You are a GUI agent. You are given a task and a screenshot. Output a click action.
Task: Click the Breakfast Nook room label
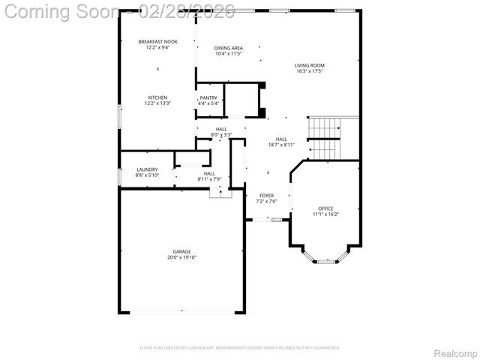point(157,41)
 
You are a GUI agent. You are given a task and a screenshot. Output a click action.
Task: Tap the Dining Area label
point(229,48)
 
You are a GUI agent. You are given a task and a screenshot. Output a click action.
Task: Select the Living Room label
point(309,66)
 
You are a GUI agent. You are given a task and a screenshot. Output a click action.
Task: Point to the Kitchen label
point(157,97)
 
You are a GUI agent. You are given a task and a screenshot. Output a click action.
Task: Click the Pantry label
point(208,98)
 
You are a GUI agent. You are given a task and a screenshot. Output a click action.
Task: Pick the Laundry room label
point(147,169)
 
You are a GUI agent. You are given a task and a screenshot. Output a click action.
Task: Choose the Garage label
point(181,251)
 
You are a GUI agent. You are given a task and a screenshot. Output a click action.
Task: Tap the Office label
point(325,208)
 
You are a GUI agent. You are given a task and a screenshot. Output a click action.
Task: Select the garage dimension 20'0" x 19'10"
point(181,257)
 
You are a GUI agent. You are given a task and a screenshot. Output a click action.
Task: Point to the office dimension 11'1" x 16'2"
point(325,214)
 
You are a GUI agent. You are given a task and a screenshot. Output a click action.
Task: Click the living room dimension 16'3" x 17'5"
point(309,72)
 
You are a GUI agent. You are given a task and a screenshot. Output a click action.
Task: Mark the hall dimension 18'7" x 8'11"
point(281,145)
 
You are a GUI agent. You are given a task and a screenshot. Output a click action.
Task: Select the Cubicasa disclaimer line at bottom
point(240,347)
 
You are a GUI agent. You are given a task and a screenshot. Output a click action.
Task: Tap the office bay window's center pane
point(325,262)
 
